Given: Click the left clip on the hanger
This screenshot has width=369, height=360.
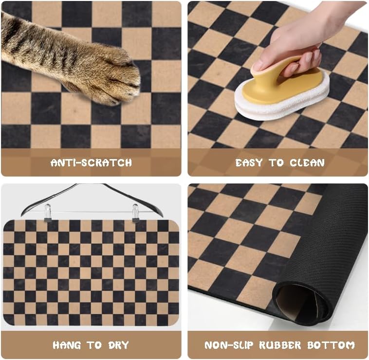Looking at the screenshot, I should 48,213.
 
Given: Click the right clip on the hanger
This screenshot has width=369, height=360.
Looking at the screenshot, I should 135,213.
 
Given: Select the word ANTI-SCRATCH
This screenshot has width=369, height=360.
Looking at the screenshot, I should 91,162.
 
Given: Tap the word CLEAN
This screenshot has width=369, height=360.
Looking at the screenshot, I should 307,162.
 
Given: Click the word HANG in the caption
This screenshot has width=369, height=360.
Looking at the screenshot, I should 67,345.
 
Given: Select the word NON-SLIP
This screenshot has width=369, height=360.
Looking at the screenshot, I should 227,345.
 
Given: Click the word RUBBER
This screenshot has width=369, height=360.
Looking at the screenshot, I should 279,345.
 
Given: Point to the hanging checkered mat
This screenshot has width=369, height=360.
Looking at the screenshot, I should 91,272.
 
